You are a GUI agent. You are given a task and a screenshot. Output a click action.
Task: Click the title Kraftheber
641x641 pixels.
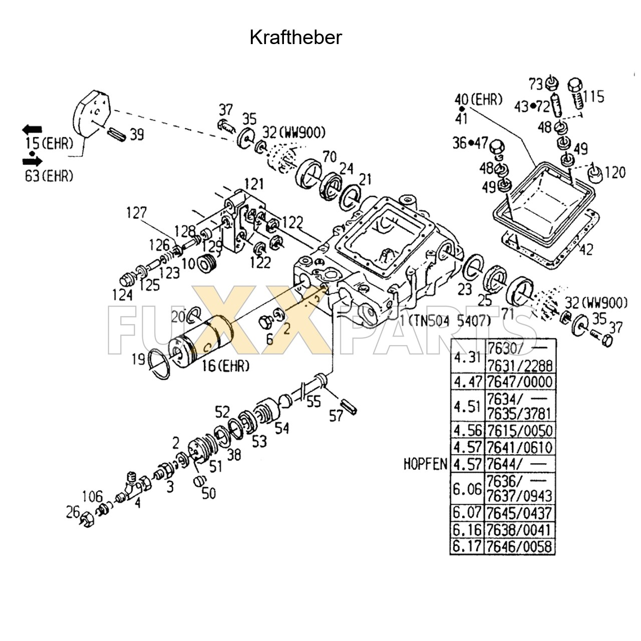click(x=295, y=38)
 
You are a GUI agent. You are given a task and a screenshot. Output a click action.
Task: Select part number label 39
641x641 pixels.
click(x=136, y=135)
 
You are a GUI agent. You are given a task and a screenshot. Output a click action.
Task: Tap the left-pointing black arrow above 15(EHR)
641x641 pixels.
click(x=33, y=130)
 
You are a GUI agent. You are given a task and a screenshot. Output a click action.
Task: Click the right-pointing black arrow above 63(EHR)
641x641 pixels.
click(x=33, y=161)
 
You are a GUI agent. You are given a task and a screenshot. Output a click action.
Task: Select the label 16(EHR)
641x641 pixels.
click(x=225, y=366)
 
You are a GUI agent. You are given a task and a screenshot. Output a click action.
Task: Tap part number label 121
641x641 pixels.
click(x=254, y=184)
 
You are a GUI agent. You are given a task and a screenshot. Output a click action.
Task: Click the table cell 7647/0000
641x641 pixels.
click(x=519, y=382)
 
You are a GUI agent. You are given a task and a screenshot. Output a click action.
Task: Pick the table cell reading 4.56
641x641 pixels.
click(x=467, y=431)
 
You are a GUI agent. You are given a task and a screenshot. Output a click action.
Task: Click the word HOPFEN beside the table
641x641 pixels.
click(x=425, y=464)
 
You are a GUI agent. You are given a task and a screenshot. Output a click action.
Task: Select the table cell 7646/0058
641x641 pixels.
click(x=519, y=546)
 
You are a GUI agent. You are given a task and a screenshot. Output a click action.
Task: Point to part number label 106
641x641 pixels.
click(x=92, y=497)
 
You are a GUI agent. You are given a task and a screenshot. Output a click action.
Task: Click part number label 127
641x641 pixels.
click(x=136, y=213)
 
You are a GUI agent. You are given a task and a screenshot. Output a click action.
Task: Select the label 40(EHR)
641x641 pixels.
click(x=478, y=100)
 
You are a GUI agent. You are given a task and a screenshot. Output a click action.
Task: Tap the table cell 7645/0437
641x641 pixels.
click(x=519, y=513)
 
